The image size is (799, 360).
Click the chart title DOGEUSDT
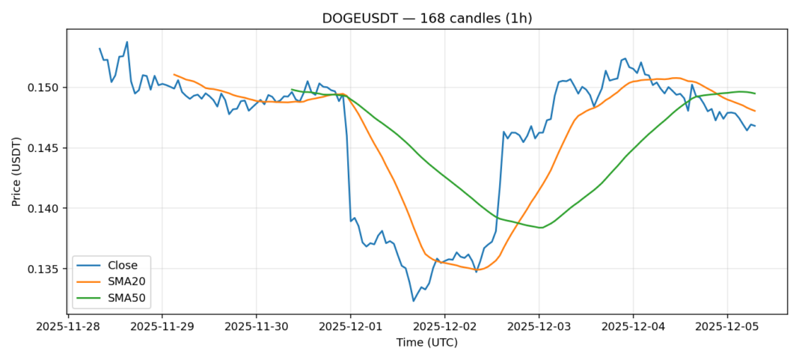426,18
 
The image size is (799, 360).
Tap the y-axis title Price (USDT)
16,171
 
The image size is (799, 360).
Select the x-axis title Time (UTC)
426,343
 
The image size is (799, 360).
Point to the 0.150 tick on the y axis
44,88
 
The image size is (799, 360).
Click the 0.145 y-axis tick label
44,148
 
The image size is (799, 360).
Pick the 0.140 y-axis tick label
44,208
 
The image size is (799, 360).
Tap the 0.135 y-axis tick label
44,269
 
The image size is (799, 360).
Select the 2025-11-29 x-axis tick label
162,326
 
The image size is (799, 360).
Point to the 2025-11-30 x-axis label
256,326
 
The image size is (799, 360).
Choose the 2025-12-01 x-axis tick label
350,326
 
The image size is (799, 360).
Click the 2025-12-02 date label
444,326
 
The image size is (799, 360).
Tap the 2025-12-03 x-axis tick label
539,326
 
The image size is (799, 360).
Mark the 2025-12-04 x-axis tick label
633,326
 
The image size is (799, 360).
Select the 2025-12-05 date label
727,326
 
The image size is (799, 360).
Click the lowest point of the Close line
413,301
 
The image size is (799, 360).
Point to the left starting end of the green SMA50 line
292,90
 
